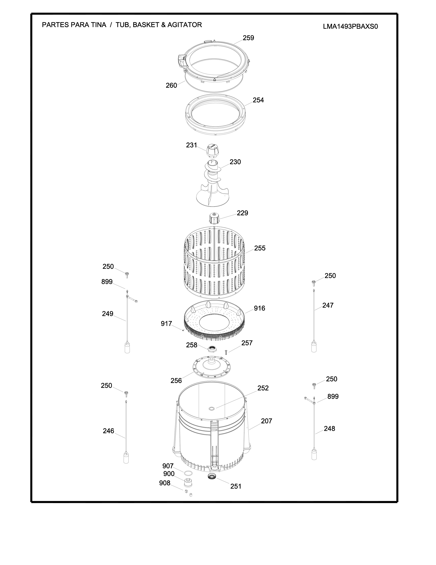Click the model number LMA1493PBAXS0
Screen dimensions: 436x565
pos(350,27)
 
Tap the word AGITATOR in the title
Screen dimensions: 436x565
pos(185,25)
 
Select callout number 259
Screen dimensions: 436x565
pos(248,38)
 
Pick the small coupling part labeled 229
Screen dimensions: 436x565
pos(214,219)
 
